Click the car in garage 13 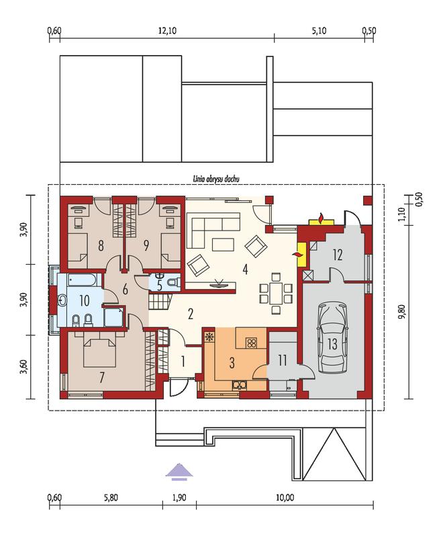click(x=332, y=337)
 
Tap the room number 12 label click(x=338, y=255)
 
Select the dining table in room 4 click(x=276, y=293)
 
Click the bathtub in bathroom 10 click(x=83, y=280)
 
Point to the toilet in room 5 click(x=174, y=282)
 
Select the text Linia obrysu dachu click(x=215, y=179)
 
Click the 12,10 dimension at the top click(x=167, y=31)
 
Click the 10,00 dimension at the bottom click(x=285, y=497)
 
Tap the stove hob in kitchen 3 click(x=252, y=343)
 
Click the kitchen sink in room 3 click(x=239, y=385)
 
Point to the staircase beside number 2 click(x=160, y=301)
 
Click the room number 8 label click(x=101, y=245)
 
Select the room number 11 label click(x=282, y=360)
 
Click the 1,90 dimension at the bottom click(x=179, y=497)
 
